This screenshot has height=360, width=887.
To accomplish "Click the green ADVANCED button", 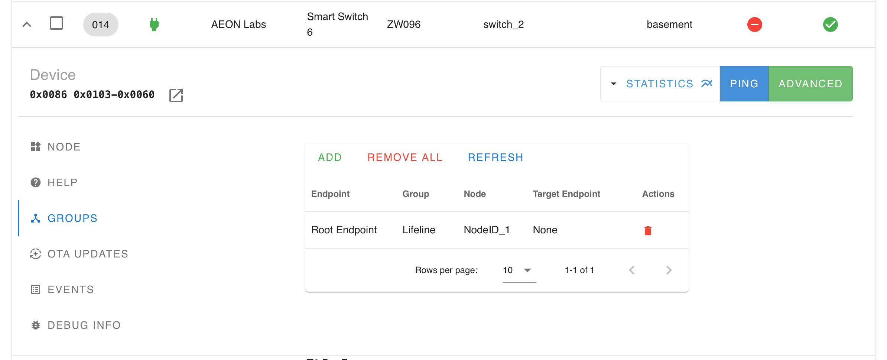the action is coord(810,84).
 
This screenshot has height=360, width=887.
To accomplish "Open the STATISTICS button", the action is coord(660,84).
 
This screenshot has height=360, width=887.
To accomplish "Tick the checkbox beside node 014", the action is coord(56,23).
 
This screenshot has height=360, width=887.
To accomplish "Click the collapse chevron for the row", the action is coord(27,25).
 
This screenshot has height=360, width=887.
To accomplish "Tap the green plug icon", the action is coord(154,25).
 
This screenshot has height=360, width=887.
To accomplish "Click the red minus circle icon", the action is coord(754,25).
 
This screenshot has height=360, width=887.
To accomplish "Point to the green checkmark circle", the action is coord(830,25).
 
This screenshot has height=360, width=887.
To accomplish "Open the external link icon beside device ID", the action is coord(176,95).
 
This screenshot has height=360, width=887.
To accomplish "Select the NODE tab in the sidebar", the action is coord(56,147).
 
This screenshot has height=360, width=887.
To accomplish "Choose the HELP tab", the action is coord(54,182).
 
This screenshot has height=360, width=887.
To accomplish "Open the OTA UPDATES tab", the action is coord(79,254).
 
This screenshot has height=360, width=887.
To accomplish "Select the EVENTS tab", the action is coord(62,289).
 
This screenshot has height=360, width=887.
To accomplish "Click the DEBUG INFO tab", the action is coord(76,325).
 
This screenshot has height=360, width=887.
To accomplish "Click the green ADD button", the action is coord(330,157).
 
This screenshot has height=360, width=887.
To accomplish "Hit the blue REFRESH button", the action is coord(496,157).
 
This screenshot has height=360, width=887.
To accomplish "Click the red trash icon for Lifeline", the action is coord(648,231).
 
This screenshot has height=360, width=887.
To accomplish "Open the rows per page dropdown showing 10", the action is coord(519,270).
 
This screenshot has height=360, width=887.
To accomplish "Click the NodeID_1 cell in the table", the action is coord(487,230).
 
